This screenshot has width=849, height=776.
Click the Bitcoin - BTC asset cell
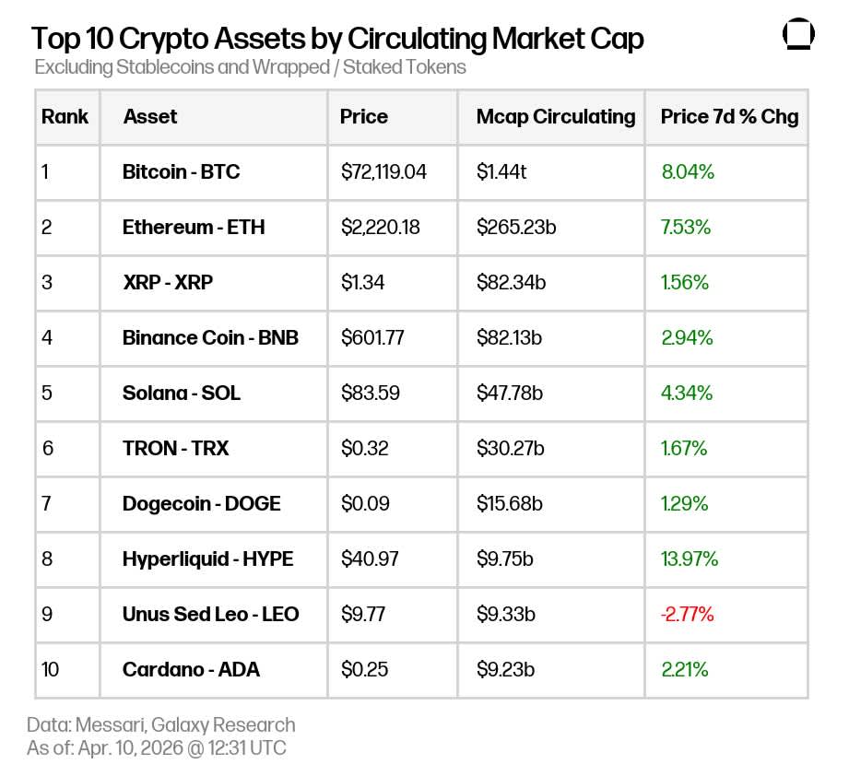181,171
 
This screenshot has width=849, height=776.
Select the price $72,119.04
383,171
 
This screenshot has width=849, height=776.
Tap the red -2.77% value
687,614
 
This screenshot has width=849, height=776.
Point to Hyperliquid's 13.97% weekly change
689,558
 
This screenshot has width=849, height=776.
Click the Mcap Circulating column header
555,117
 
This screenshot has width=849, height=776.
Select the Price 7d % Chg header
728,117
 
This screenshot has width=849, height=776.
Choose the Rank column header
65,117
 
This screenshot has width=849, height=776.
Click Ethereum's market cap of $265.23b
515,227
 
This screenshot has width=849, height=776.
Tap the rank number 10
50,669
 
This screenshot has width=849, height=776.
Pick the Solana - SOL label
181,393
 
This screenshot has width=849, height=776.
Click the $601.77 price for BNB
372,337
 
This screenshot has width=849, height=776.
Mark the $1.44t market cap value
501,171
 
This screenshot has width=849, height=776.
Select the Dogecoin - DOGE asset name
201,503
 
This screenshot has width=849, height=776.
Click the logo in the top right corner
798,34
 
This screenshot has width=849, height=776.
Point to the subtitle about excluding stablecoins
250,67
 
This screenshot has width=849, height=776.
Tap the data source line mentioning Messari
160,724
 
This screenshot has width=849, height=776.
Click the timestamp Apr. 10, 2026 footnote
156,747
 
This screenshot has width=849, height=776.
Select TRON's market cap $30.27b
509,448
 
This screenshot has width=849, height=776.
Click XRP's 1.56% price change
684,282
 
